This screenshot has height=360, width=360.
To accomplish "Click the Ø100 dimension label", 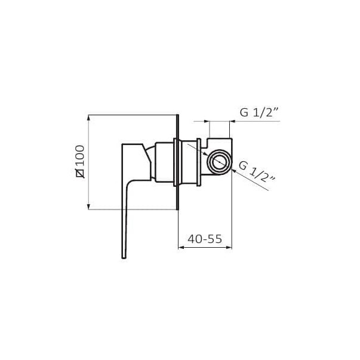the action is click(81, 162).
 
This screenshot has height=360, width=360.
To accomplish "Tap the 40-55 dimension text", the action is click(205, 239).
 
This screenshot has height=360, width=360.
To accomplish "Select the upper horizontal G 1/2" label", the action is click(260, 112).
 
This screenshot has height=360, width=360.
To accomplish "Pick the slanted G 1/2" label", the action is click(257, 172).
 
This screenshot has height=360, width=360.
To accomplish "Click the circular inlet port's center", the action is click(219, 162).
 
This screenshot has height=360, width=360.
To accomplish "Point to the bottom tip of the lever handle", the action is click(124, 258).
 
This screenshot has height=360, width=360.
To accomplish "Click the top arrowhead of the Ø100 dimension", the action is click(88, 118).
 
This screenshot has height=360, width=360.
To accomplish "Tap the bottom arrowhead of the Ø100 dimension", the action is click(88, 207).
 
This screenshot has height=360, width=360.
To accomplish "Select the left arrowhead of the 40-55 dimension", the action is click(181, 248).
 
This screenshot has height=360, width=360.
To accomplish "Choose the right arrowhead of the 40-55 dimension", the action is click(229, 248).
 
